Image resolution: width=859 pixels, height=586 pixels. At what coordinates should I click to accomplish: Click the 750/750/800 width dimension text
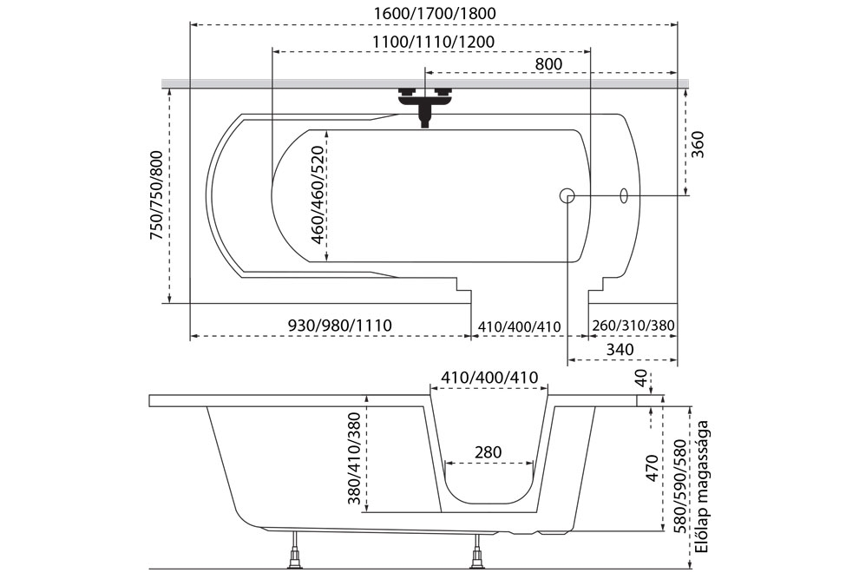click(x=156, y=196)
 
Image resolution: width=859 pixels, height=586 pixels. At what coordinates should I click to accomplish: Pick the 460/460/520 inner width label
click(x=318, y=194)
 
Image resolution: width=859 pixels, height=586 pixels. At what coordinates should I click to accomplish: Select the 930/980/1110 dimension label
click(x=339, y=326)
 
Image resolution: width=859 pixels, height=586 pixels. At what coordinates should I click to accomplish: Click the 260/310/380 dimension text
click(x=633, y=326)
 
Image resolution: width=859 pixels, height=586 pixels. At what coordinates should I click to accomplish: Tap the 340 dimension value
click(x=622, y=349)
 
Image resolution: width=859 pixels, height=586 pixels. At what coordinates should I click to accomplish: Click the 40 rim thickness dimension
click(x=640, y=379)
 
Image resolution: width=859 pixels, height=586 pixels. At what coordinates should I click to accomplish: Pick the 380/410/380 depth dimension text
click(x=352, y=459)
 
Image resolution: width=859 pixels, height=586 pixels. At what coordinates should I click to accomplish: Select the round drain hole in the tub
click(x=567, y=195)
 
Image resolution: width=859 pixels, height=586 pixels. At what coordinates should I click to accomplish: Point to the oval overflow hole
click(x=623, y=195)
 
